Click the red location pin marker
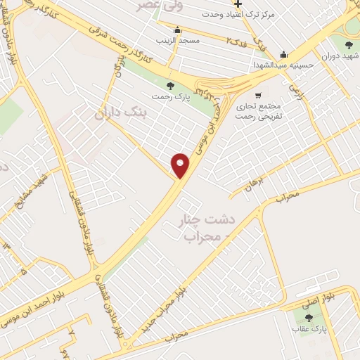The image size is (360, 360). (x=181, y=165)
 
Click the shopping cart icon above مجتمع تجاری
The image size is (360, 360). (x=258, y=95)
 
